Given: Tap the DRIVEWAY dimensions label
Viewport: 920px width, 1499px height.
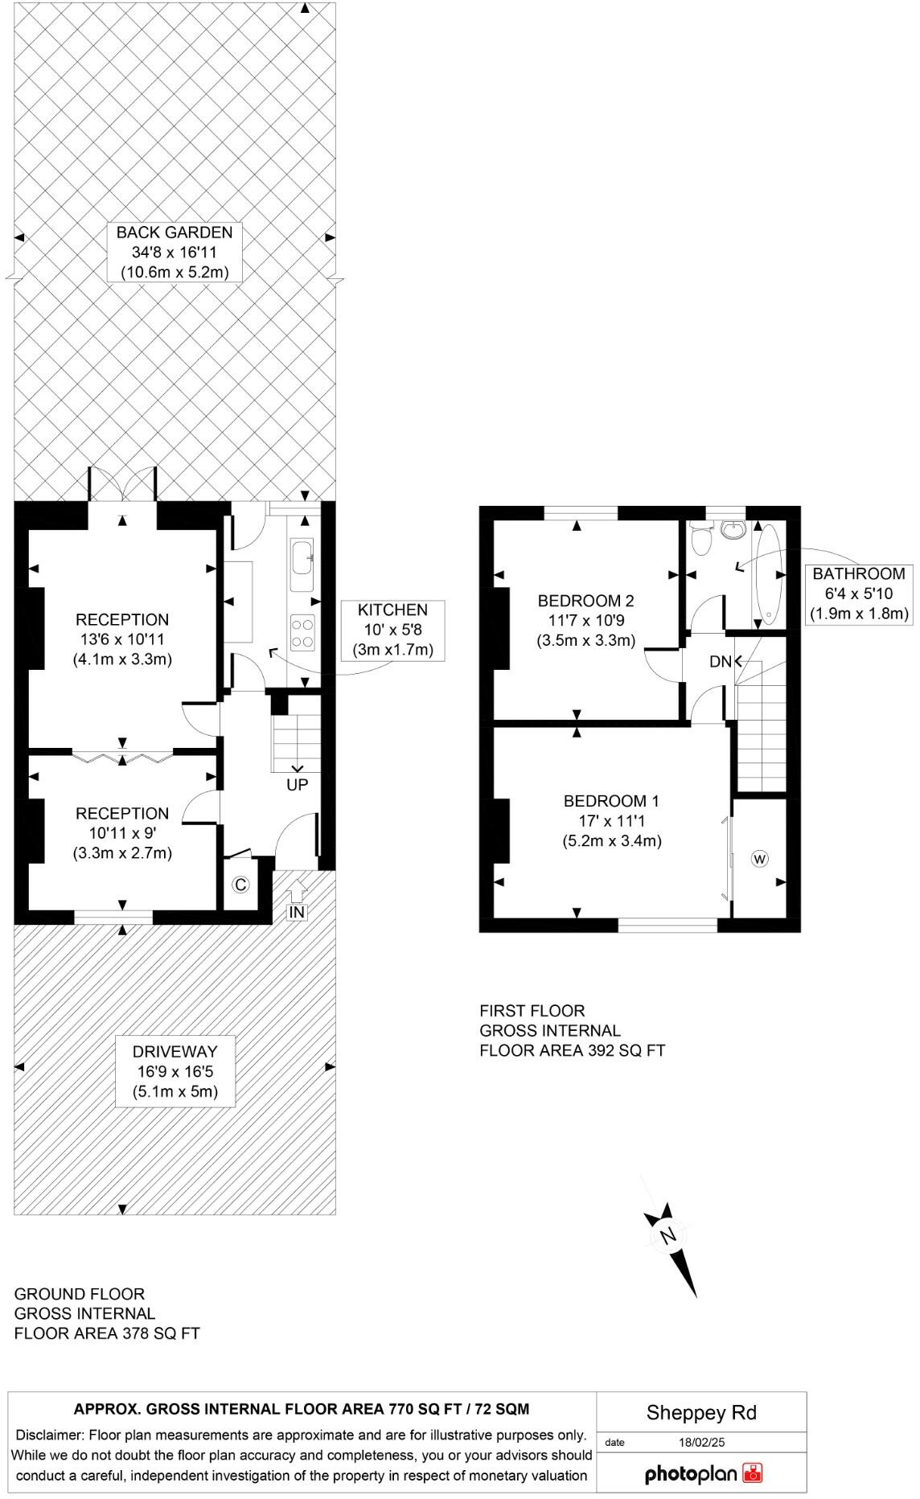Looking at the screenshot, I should tap(175, 1071).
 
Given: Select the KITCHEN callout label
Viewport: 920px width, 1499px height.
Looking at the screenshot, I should tap(392, 630).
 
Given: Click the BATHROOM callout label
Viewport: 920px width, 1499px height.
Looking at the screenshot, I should tap(859, 593).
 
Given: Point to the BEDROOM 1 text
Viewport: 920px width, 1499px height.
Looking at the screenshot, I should tap(611, 820).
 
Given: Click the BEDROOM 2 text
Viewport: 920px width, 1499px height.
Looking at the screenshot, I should tap(585, 620).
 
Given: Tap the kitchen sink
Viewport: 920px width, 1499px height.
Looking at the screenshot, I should tap(302, 557).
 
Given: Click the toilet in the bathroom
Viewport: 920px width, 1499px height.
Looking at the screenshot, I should tap(702, 537).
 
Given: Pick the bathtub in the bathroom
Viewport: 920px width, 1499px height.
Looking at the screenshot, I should tap(766, 575).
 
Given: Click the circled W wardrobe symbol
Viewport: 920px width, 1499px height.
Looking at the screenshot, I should tap(760, 859).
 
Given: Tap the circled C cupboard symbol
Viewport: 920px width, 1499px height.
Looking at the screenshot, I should tap(240, 885).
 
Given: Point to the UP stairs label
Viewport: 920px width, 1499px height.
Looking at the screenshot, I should tap(297, 785).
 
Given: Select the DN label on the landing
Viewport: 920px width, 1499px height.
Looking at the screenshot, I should tap(721, 662).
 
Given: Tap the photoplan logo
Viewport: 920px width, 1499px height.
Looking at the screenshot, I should tap(703, 1473).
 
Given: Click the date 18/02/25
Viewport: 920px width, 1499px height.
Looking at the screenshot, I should tap(701, 1442).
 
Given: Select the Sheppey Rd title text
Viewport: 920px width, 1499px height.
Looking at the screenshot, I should tap(701, 1413).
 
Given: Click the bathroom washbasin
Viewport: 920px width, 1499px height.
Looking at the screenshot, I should tap(733, 529).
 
